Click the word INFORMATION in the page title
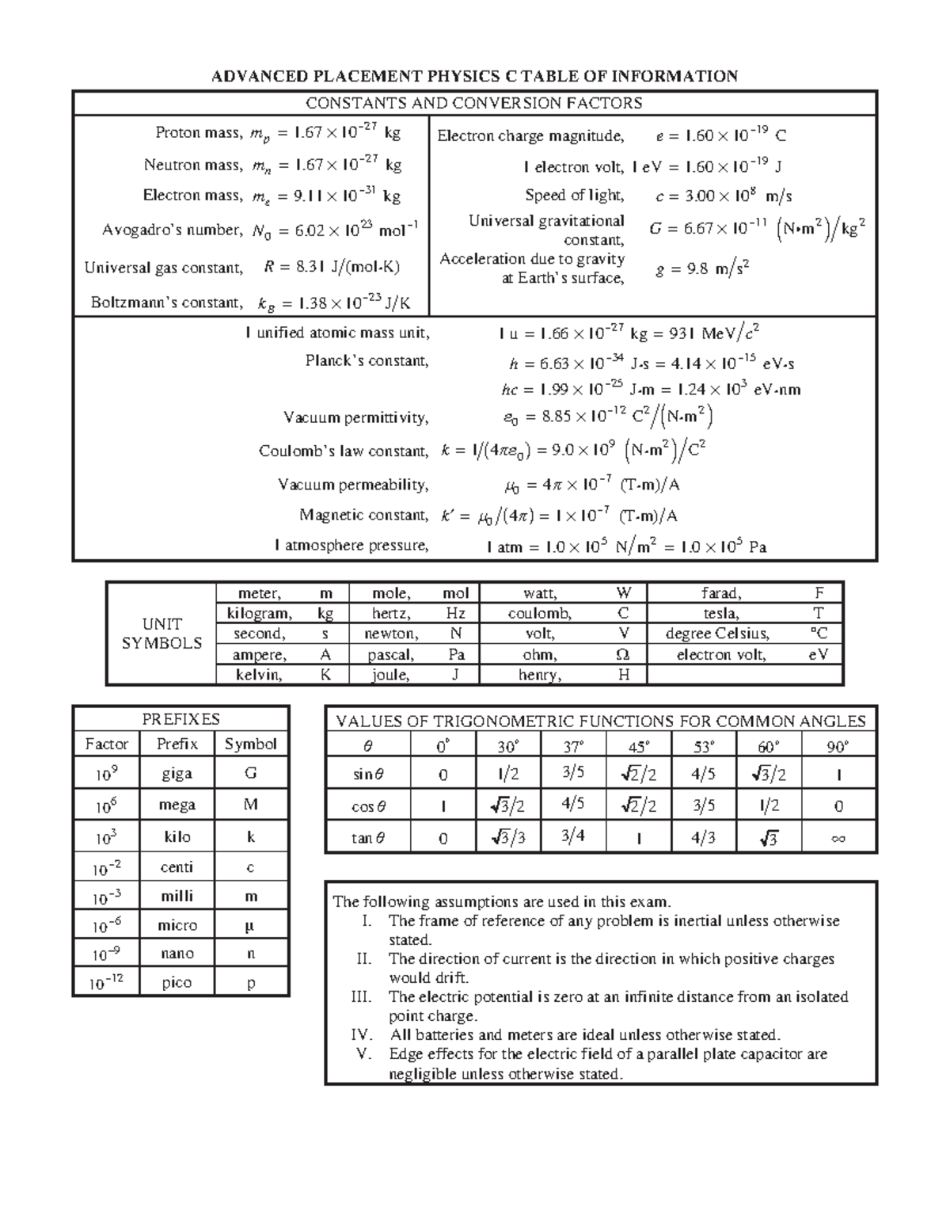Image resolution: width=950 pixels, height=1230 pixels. pos(675,76)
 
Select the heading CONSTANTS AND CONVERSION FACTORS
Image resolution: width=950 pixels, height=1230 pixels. pos(474,103)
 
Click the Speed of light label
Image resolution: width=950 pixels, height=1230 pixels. pos(574,195)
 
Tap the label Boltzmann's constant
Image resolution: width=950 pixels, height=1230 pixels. pos(166,303)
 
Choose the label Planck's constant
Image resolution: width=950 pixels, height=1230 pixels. pos(367,361)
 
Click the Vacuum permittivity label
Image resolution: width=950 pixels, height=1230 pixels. pos(355,417)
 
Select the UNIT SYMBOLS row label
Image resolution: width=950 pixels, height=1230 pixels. pos(161,634)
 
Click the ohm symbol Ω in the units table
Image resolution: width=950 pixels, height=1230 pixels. pos(623,655)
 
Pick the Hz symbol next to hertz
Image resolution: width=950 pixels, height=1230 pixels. pos(455,613)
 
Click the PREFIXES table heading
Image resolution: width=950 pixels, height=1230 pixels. pos(180,719)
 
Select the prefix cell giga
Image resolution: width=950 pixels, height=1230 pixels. pos(177,774)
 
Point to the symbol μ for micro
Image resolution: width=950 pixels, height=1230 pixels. pos(250,925)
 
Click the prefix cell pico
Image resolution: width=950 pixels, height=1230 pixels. pos(177,982)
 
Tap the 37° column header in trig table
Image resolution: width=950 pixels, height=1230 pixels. pos(573,745)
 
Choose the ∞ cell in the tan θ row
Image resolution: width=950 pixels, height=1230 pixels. pos(838,838)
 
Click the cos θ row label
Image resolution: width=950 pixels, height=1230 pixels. pos(368,806)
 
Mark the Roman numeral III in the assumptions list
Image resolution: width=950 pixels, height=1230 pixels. pos(361,997)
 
